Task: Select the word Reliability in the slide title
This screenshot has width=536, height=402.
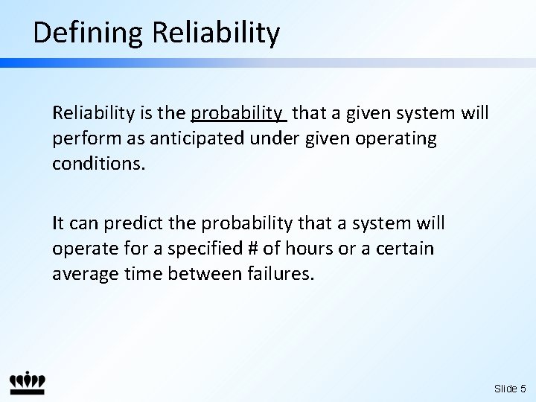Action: pyautogui.click(x=216, y=33)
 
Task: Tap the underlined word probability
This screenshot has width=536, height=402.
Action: pyautogui.click(x=238, y=114)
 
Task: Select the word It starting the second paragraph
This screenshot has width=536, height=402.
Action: pyautogui.click(x=58, y=223)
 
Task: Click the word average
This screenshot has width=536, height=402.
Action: pyautogui.click(x=80, y=273)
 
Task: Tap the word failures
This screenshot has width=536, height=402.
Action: pyautogui.click(x=280, y=273)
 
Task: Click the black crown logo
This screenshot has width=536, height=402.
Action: pyautogui.click(x=28, y=382)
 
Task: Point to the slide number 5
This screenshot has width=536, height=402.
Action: pyautogui.click(x=523, y=389)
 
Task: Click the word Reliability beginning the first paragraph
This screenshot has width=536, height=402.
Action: pyautogui.click(x=92, y=114)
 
